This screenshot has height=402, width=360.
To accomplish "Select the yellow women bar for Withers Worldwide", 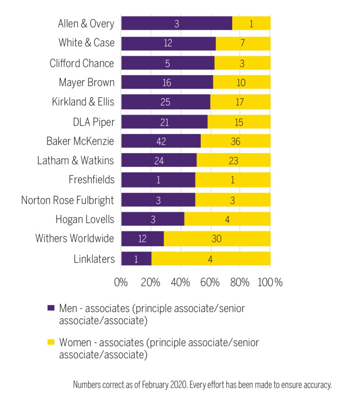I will [217, 239].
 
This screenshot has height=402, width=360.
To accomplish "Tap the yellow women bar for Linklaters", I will [211, 258].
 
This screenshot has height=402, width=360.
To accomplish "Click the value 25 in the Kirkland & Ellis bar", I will [165, 102].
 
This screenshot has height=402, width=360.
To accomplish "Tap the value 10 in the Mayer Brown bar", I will [241, 82].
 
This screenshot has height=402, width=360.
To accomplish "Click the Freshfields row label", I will [92, 180].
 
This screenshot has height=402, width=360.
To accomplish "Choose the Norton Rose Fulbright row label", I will [67, 200].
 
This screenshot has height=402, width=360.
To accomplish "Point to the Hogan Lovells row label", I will [85, 219].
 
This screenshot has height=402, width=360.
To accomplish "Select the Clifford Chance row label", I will [81, 63].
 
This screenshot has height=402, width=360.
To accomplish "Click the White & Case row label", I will [86, 43].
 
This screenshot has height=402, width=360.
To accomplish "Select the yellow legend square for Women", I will [51, 343].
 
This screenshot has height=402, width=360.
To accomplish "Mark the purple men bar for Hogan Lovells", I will [153, 219].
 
